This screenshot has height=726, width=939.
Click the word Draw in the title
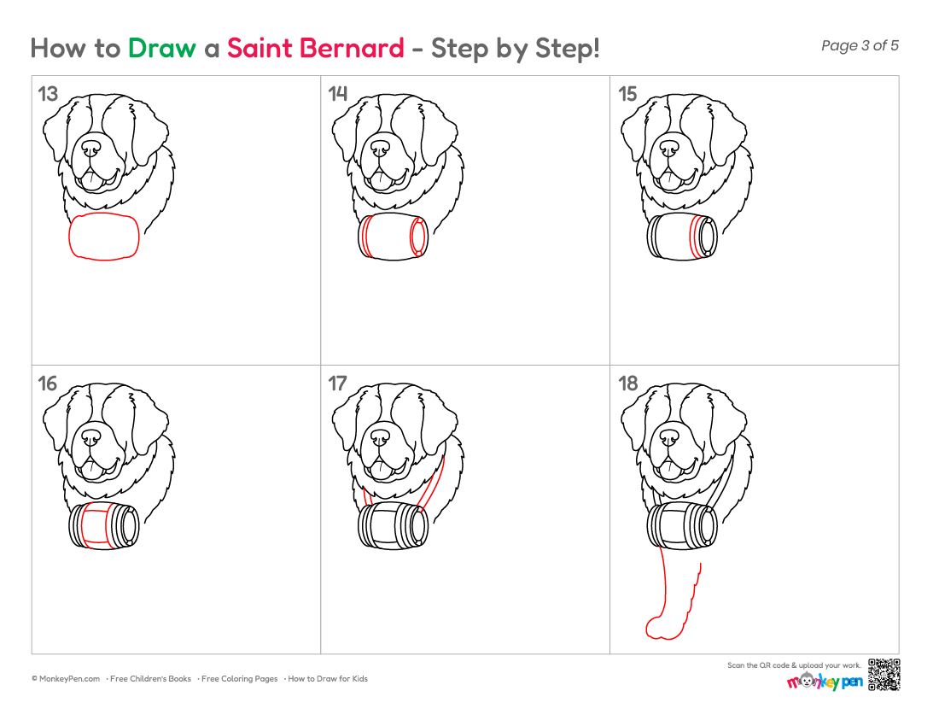[161, 48]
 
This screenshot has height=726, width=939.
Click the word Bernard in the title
[352, 48]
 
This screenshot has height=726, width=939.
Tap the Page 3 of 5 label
[860, 45]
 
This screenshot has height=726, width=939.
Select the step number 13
[48, 94]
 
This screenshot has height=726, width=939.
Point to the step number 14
[338, 94]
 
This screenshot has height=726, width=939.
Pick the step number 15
[627, 94]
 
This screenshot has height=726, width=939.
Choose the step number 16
[48, 383]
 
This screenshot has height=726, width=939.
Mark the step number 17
[338, 383]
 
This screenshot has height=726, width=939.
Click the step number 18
[627, 383]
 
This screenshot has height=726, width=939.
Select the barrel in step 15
[682, 237]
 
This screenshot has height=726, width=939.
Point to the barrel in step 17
[393, 526]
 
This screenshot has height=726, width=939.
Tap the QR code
[884, 675]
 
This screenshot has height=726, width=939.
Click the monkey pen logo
[825, 681]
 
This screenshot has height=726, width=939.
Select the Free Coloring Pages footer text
[239, 679]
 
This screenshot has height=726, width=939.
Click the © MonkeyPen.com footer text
[66, 679]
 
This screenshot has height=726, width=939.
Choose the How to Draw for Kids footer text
[327, 679]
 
